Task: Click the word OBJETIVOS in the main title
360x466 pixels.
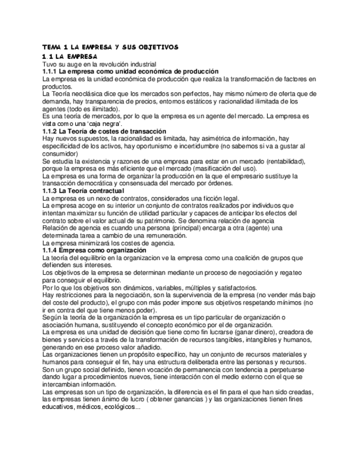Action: [x=157, y=47]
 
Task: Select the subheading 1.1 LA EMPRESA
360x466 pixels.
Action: [x=70, y=56]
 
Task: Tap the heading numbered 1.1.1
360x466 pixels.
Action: [x=130, y=71]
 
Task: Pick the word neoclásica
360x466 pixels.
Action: [x=88, y=94]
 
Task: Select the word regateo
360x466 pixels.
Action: [x=289, y=273]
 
